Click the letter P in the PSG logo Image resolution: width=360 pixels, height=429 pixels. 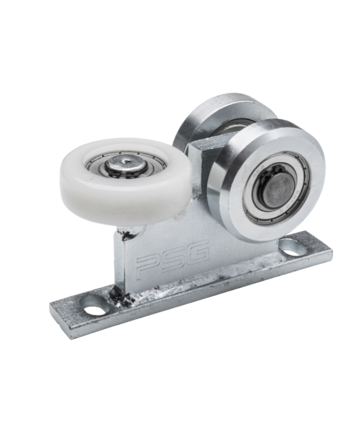point(148,266)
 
